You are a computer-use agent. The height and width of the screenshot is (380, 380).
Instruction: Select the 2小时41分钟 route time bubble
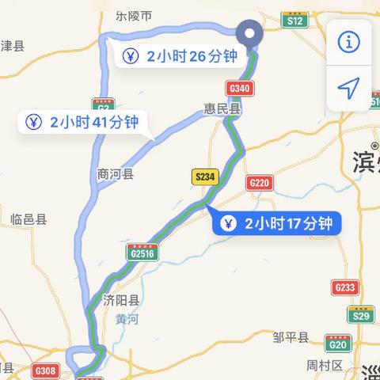point(83,122)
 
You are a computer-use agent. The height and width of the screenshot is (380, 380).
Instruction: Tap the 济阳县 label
point(121,300)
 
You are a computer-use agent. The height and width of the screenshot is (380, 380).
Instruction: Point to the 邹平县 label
point(290,338)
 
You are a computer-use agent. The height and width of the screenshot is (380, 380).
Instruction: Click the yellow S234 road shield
point(204,178)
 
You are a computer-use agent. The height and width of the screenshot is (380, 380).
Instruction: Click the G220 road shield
point(259,183)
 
